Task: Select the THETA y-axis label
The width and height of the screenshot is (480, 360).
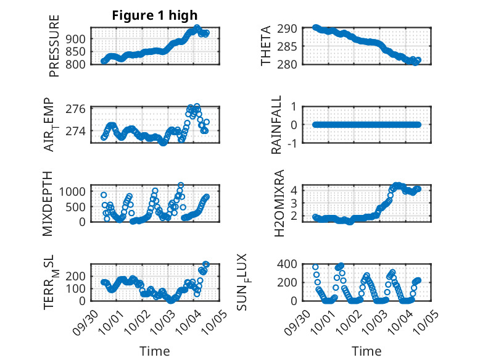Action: (267, 46)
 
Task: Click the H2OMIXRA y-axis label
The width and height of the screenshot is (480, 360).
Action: (279, 203)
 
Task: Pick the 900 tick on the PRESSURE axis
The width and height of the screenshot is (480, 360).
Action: (78, 38)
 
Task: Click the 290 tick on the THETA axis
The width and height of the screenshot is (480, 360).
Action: (291, 28)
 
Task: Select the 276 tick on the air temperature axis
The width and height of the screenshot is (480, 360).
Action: (78, 109)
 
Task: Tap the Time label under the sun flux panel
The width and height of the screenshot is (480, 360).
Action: (366, 351)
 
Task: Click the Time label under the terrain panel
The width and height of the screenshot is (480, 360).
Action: (154, 351)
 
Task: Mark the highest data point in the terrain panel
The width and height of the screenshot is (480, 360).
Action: (206, 264)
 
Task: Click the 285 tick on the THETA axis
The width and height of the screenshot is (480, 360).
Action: (291, 46)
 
